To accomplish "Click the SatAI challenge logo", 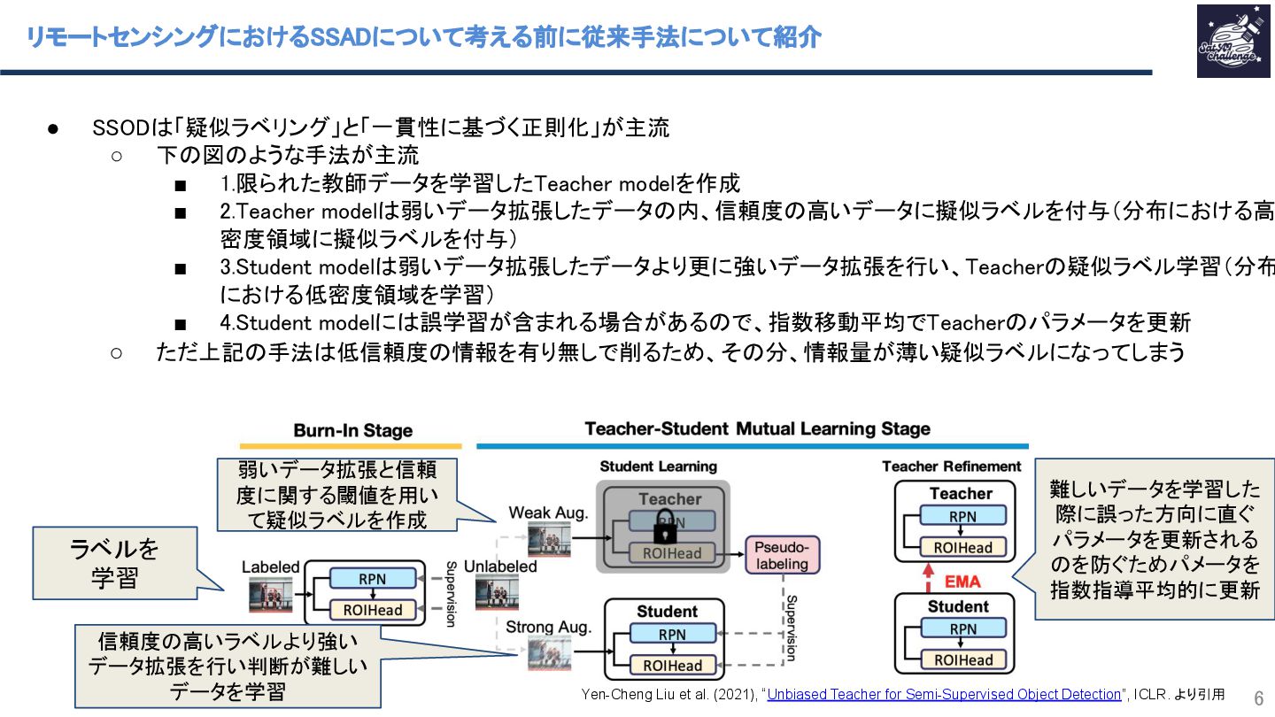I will pos(1232,41).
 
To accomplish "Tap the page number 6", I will pos(1258,696).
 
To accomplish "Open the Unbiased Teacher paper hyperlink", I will pos(944,694).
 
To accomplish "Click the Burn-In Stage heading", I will pos(352,431).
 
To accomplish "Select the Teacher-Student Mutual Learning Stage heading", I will pos(757,429).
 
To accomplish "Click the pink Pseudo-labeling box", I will pos(783,555).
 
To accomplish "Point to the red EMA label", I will pos(962,582).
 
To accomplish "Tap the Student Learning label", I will pos(658,466).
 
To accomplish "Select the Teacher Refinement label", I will pos(951,466).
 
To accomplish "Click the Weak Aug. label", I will pos(549,513).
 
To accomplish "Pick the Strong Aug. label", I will pos(548,628).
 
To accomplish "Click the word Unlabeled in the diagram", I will pos(500,567).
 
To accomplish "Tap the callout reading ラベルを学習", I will pos(115,563).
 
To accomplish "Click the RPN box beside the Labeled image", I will pos(372,579).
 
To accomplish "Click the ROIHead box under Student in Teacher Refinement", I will pos(962,660).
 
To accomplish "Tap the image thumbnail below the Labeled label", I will pos(270,596).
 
